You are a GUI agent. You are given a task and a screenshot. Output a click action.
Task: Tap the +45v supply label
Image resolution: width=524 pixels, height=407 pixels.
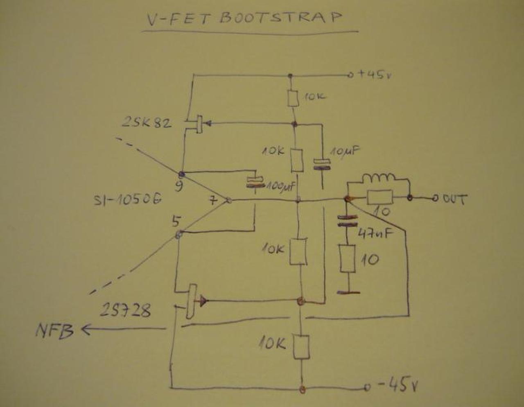375,75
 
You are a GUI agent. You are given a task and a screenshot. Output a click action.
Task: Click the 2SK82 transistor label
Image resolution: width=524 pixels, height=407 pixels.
147,122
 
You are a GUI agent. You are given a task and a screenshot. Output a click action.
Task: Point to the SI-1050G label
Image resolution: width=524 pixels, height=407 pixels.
127,199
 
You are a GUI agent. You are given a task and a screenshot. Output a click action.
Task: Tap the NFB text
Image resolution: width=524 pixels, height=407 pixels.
54,330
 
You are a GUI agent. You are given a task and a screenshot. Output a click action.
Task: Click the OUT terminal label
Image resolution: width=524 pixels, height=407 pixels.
455,199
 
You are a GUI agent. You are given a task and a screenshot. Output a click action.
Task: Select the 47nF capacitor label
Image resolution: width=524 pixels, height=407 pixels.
376,233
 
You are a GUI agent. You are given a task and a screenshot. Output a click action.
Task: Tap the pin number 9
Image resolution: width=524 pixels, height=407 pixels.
178,186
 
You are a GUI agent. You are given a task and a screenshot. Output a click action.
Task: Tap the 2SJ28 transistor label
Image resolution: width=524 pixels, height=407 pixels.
125,310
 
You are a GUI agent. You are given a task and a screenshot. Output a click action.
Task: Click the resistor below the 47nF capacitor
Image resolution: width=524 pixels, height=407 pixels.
347,258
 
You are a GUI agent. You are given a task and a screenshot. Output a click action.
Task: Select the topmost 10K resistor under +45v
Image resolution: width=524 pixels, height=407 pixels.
292,98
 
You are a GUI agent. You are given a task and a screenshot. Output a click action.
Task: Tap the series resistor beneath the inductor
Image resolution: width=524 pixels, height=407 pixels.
379,198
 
